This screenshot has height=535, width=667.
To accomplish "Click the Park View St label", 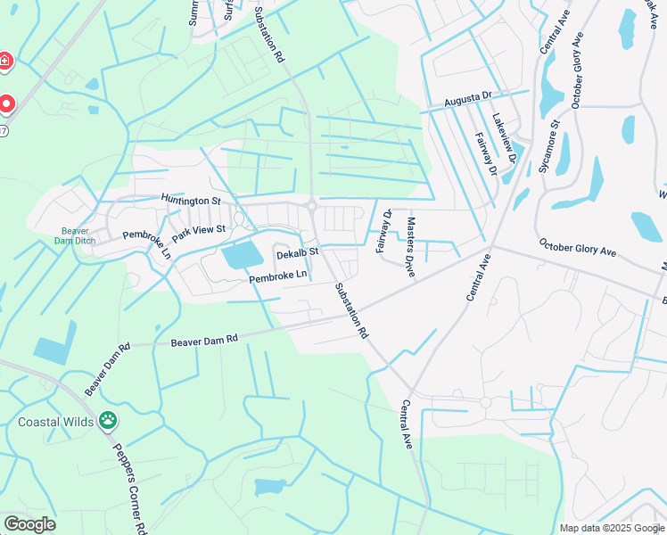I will coord(201,233).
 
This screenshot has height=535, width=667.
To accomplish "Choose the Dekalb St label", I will coord(297,254).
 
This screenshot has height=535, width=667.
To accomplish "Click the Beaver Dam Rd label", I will coord(204,340).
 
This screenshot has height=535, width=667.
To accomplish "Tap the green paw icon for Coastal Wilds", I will coord(108,418).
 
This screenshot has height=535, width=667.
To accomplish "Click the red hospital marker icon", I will coord(5,61).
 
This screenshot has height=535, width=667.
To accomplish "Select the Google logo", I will coord(29,524).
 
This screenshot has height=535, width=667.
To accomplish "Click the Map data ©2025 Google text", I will coord(612,528).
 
